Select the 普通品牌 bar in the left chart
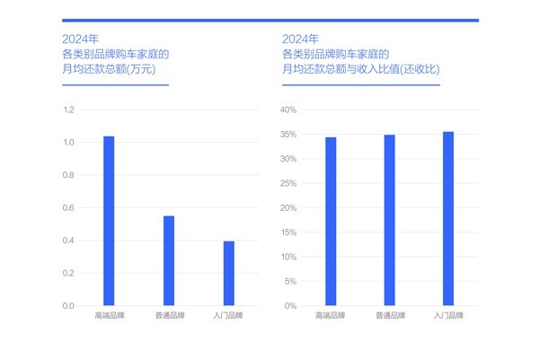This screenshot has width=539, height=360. pyautogui.click(x=169, y=260)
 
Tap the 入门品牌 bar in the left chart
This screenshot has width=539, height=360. pyautogui.click(x=228, y=273)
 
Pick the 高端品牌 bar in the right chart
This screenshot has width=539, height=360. pyautogui.click(x=331, y=222)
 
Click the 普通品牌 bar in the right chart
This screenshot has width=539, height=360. pyautogui.click(x=389, y=220)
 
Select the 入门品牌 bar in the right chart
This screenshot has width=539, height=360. pyautogui.click(x=448, y=219)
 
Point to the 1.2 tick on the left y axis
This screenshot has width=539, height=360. pyautogui.click(x=68, y=110)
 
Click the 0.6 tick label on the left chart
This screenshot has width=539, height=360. pyautogui.click(x=68, y=208)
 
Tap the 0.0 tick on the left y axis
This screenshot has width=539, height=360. pyautogui.click(x=68, y=306)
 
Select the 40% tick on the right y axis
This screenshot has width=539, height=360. pyautogui.click(x=288, y=110)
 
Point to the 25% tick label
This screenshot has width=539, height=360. pyautogui.click(x=288, y=184)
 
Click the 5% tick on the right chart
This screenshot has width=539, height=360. pyautogui.click(x=290, y=282)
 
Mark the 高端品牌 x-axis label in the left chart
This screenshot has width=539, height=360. pyautogui.click(x=109, y=317)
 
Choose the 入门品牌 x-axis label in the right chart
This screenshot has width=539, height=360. pyautogui.click(x=448, y=317)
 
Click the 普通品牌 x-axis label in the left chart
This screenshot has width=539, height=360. pyautogui.click(x=169, y=317)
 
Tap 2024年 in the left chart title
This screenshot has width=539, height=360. pyautogui.click(x=76, y=40)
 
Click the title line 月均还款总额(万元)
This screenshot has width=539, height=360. pyautogui.click(x=111, y=69)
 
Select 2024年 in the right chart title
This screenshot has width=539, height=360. pyautogui.click(x=299, y=40)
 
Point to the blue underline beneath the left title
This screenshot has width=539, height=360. pyautogui.click(x=115, y=84)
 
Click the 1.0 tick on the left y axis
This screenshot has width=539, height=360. pyautogui.click(x=68, y=143)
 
